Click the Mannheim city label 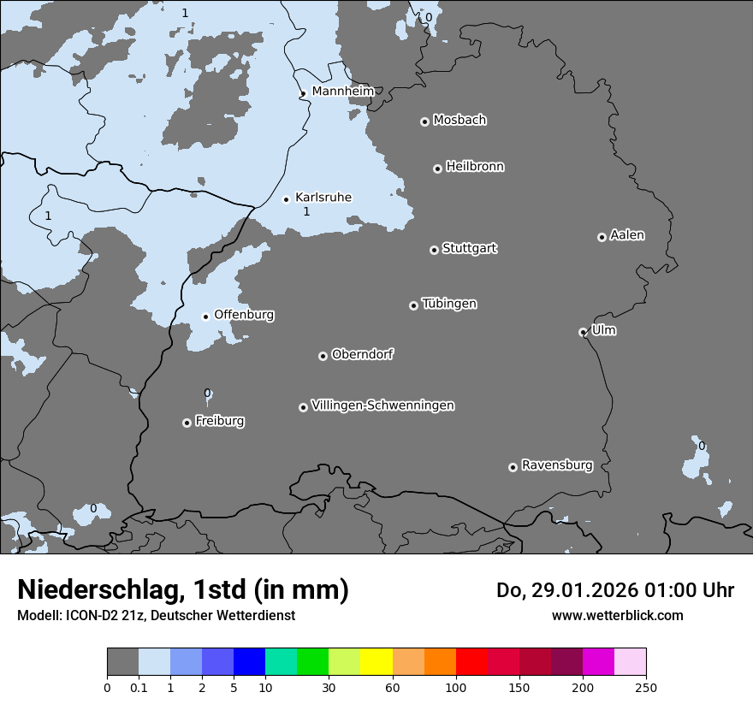tap(342, 92)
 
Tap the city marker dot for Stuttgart tap(434, 250)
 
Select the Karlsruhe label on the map tap(323, 198)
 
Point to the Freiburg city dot tap(187, 423)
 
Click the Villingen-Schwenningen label tap(382, 405)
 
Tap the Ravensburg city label tap(556, 465)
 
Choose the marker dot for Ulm tap(583, 332)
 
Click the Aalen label tap(627, 235)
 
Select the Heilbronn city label tap(475, 167)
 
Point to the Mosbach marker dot tap(424, 121)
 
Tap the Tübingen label tap(449, 304)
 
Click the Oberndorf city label tap(362, 354)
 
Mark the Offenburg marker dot tap(205, 317)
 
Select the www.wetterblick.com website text tap(617, 615)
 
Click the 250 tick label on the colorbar tap(646, 686)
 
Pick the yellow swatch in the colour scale tap(376, 662)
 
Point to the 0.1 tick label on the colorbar tap(138, 686)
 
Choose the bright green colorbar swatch tap(312, 662)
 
